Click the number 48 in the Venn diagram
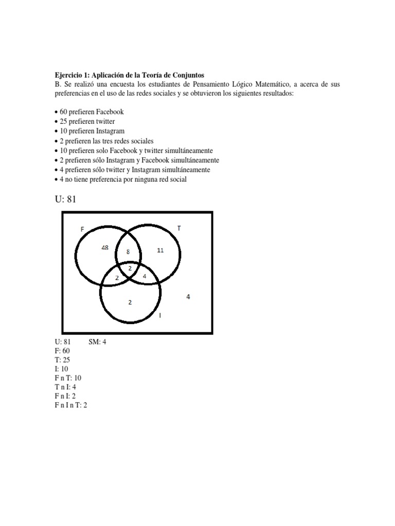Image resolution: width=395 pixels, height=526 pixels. tap(105, 248)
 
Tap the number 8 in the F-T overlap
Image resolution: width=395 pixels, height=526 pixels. tap(128, 252)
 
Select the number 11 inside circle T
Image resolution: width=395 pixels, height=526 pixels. tap(160, 250)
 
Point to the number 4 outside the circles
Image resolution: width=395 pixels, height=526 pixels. tap(188, 296)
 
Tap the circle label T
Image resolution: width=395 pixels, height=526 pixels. tap(178, 228)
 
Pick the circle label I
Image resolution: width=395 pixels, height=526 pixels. tap(160, 316)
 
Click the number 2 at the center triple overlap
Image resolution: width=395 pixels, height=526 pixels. tap(130, 268)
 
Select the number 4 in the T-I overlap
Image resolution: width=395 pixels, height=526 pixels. tap(144, 276)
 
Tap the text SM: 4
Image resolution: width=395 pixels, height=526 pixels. tap(98, 341)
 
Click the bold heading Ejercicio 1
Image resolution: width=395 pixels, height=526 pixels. tap(130, 75)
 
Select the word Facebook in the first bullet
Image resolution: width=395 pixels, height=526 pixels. tap(107, 111)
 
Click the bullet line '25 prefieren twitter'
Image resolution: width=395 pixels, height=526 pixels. tap(84, 121)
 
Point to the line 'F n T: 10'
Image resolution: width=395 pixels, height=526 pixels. tap(68, 378)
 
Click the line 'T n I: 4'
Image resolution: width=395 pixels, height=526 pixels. tap(66, 387)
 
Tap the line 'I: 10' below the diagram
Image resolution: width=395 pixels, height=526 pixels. tap(62, 369)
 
